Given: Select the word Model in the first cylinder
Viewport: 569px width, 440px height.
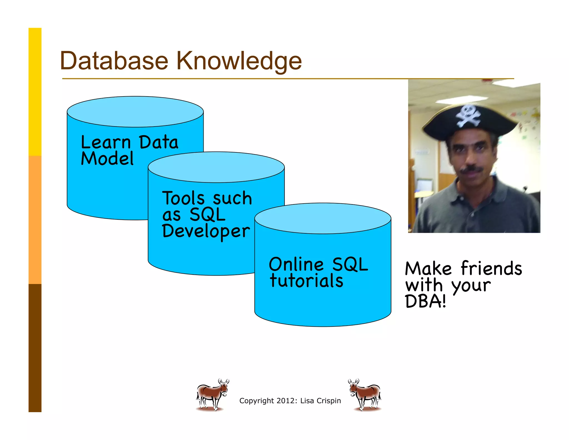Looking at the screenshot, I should (x=107, y=159).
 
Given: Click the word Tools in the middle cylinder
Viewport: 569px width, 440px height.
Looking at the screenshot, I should (x=184, y=198).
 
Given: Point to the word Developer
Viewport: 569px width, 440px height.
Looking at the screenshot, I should (x=206, y=231).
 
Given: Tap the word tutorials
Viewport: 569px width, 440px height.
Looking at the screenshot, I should (x=306, y=281).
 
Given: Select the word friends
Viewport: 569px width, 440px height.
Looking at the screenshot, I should (x=491, y=269).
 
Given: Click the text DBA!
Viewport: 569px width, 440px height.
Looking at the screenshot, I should (x=425, y=301).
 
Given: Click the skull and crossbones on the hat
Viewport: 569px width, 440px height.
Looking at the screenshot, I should (x=468, y=116).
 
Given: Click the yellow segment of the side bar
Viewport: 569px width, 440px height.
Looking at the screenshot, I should (x=35, y=92).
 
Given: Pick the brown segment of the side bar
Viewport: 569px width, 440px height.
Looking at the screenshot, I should (x=35, y=348).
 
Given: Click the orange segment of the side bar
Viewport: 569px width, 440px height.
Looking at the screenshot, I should (x=35, y=220).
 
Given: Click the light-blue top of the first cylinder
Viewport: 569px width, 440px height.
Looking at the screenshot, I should (x=135, y=112).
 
